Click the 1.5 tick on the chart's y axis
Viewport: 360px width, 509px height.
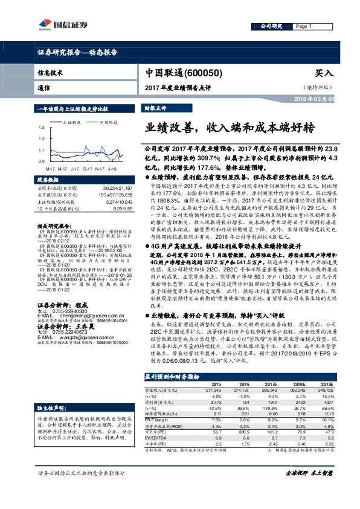pyautogui.click(x=40, y=128)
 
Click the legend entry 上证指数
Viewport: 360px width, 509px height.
pyautogui.click(x=72, y=122)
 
